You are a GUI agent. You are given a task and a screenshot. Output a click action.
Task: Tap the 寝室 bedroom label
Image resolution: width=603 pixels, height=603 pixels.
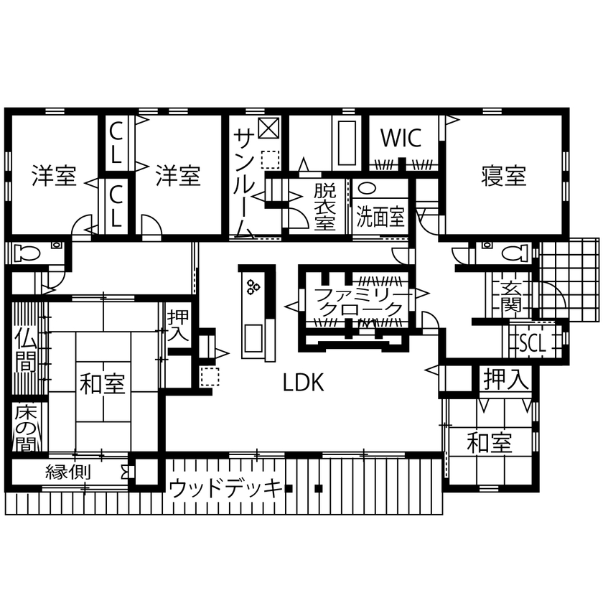click(x=503, y=176)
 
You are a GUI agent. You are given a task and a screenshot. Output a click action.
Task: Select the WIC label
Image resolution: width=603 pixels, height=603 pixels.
click(x=401, y=138)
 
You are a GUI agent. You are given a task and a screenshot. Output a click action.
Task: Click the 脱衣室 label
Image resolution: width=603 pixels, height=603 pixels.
click(x=325, y=207)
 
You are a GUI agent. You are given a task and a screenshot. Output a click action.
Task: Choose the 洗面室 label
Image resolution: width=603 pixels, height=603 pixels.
click(x=381, y=217)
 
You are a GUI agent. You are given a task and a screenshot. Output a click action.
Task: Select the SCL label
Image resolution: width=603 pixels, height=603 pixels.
click(x=532, y=343)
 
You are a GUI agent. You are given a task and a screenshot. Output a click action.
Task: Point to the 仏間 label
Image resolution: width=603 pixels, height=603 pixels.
click(x=25, y=351)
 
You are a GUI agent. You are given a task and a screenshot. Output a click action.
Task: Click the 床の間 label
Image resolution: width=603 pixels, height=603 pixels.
click(x=25, y=429)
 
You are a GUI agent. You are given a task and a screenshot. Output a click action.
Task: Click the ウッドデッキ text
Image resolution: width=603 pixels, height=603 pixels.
click(x=225, y=489)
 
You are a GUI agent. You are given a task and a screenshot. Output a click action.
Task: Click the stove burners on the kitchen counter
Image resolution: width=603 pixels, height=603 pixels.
click(x=253, y=288)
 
